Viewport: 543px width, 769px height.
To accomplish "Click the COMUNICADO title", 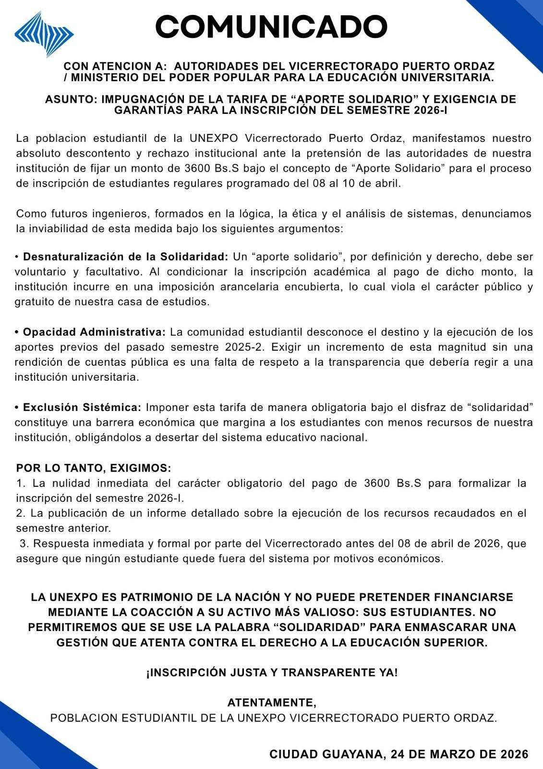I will [x=271, y=26].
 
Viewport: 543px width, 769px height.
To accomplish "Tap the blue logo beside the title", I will [x=44, y=34].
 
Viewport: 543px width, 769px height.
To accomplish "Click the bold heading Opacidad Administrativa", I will [x=94, y=332].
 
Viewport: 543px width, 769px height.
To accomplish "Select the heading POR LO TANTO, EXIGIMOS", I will [x=94, y=468].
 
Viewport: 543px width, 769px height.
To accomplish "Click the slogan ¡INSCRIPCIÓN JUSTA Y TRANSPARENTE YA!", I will [x=272, y=673].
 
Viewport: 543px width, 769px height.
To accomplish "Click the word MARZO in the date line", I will [x=441, y=754].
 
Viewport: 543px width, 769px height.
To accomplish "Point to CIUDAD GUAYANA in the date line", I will [x=327, y=754].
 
